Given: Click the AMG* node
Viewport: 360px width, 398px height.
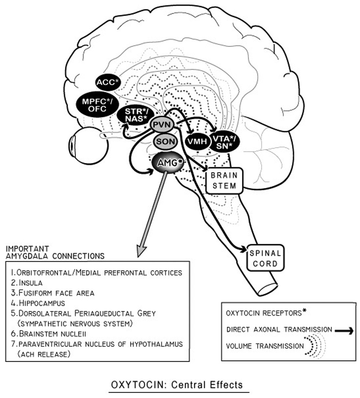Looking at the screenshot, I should pyautogui.click(x=166, y=163).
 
